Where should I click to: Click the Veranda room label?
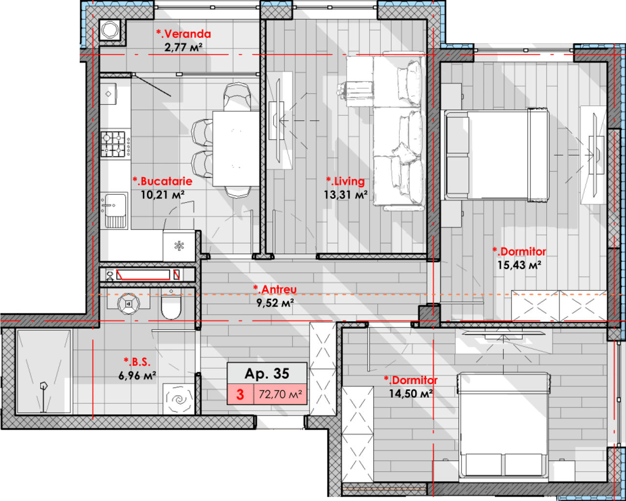pyautogui.click(x=183, y=34)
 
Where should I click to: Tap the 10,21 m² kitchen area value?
pyautogui.click(x=162, y=195)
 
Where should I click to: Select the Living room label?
pyautogui.click(x=345, y=182)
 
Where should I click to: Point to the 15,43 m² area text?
pyautogui.click(x=519, y=265)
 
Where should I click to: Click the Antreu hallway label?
pyautogui.click(x=275, y=289)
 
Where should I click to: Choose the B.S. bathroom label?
pyautogui.click(x=137, y=362)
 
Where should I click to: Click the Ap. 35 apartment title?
pyautogui.click(x=267, y=373)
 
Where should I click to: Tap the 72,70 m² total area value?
pyautogui.click(x=280, y=394)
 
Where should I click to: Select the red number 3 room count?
pyautogui.click(x=240, y=394)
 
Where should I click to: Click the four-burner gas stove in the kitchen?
pyautogui.click(x=115, y=144)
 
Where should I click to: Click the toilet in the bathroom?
pyautogui.click(x=171, y=304)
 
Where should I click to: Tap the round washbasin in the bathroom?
pyautogui.click(x=129, y=304)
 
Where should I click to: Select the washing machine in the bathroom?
pyautogui.click(x=179, y=399)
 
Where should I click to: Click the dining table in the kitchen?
pyautogui.click(x=236, y=148)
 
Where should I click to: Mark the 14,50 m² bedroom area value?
pyautogui.click(x=411, y=393)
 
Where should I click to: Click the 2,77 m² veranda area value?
pyautogui.click(x=183, y=47)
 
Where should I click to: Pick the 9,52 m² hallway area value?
pyautogui.click(x=275, y=303)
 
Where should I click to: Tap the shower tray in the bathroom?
pyautogui.click(x=44, y=371)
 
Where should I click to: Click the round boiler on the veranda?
pyautogui.click(x=110, y=29)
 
